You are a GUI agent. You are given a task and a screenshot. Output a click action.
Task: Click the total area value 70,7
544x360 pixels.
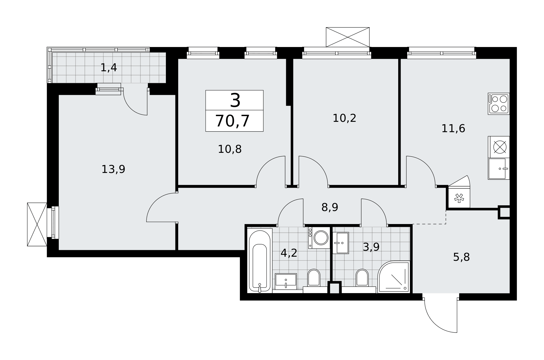(x=232, y=121)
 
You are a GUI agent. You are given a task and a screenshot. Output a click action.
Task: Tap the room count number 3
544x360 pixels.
(x=235, y=100)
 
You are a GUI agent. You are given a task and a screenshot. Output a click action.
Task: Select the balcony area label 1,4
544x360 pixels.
(x=109, y=68)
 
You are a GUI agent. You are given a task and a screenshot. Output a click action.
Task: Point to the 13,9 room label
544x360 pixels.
(x=113, y=169)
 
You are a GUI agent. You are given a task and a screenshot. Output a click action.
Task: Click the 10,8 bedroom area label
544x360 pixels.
(x=230, y=149)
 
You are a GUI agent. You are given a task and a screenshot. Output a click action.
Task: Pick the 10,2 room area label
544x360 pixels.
(x=344, y=118)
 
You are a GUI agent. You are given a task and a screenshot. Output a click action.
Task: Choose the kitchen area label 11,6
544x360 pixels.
(x=453, y=129)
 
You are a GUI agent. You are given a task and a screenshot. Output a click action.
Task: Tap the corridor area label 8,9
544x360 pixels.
(x=330, y=207)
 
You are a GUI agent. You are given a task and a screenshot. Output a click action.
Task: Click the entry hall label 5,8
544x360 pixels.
(x=461, y=257)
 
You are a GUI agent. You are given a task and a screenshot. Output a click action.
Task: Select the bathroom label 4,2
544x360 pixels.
(x=289, y=253)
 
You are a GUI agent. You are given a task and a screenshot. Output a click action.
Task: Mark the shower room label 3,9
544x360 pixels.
(x=371, y=247)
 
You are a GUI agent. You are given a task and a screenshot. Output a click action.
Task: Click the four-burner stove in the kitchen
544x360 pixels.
(x=499, y=104)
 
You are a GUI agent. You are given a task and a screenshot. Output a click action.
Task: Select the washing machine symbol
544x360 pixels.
(x=319, y=238)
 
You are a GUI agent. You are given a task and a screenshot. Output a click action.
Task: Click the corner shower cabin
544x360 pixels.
(x=394, y=277)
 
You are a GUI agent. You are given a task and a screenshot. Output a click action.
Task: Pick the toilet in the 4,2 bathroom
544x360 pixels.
(x=314, y=278)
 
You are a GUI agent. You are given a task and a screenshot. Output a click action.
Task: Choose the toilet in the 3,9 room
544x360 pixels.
(x=362, y=278)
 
